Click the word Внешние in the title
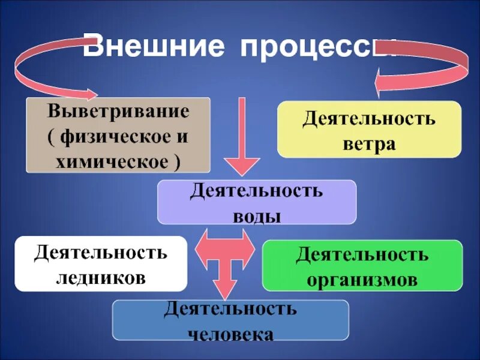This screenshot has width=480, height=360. pyautogui.click(x=155, y=47)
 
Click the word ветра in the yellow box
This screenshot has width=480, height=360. pyautogui.click(x=369, y=144)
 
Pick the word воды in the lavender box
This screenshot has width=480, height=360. pyautogui.click(x=257, y=216)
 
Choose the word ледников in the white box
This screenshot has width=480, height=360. pyautogui.click(x=101, y=278)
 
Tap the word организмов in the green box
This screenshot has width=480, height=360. pyautogui.click(x=362, y=280)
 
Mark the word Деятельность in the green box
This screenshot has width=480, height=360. pyautogui.click(x=362, y=254)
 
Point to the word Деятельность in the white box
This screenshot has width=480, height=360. pyautogui.click(x=101, y=252)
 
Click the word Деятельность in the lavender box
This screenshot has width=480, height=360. pyautogui.click(x=257, y=192)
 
